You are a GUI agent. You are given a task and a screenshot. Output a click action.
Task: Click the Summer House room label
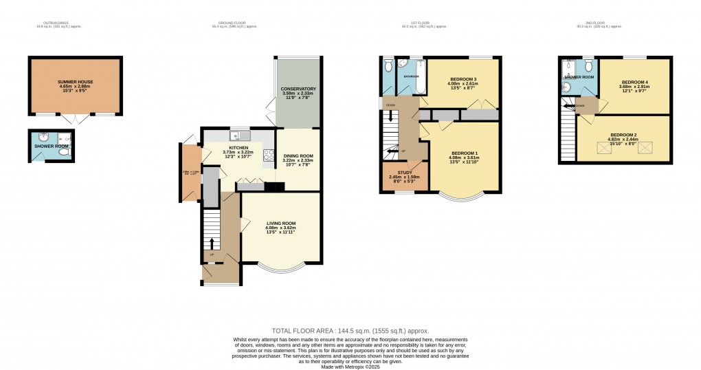click(75, 82)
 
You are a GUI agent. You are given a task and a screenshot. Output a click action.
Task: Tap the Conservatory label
click(298, 89)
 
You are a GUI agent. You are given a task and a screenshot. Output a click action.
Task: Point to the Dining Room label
click(298, 156)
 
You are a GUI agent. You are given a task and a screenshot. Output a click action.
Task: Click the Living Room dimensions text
click(281, 230)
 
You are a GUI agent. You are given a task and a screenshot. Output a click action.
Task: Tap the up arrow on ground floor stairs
click(211, 243)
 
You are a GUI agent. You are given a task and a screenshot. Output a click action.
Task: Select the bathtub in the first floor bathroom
click(414, 77)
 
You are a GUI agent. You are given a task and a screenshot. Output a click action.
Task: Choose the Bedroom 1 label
click(465, 152)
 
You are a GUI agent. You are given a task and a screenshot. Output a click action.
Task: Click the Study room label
click(405, 173)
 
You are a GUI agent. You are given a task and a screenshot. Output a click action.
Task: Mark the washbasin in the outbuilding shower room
click(44, 136)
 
